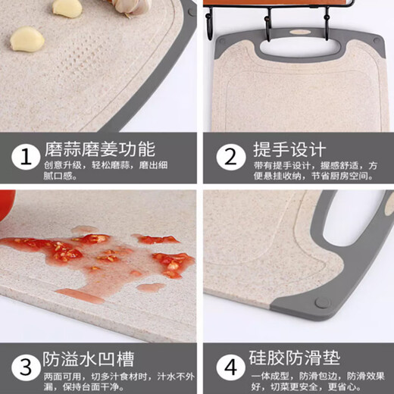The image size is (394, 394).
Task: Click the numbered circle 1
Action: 27,158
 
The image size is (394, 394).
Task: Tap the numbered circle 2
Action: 228,158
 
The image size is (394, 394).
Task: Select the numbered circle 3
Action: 27,366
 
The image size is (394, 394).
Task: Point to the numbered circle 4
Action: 228,366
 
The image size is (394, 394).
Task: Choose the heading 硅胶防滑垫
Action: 291,355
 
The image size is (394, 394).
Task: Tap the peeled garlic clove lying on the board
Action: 27,38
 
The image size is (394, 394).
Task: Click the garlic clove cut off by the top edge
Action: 67,8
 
